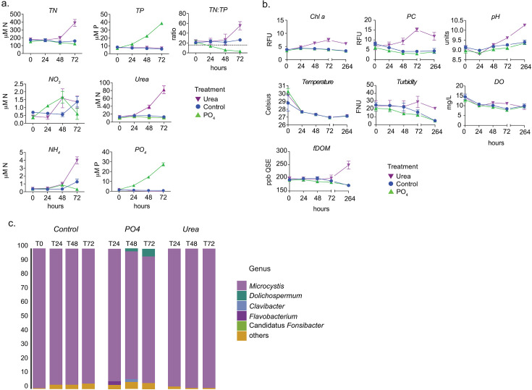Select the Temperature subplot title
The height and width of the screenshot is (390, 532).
point(303,82)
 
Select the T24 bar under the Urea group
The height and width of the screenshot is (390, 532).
point(174,318)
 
